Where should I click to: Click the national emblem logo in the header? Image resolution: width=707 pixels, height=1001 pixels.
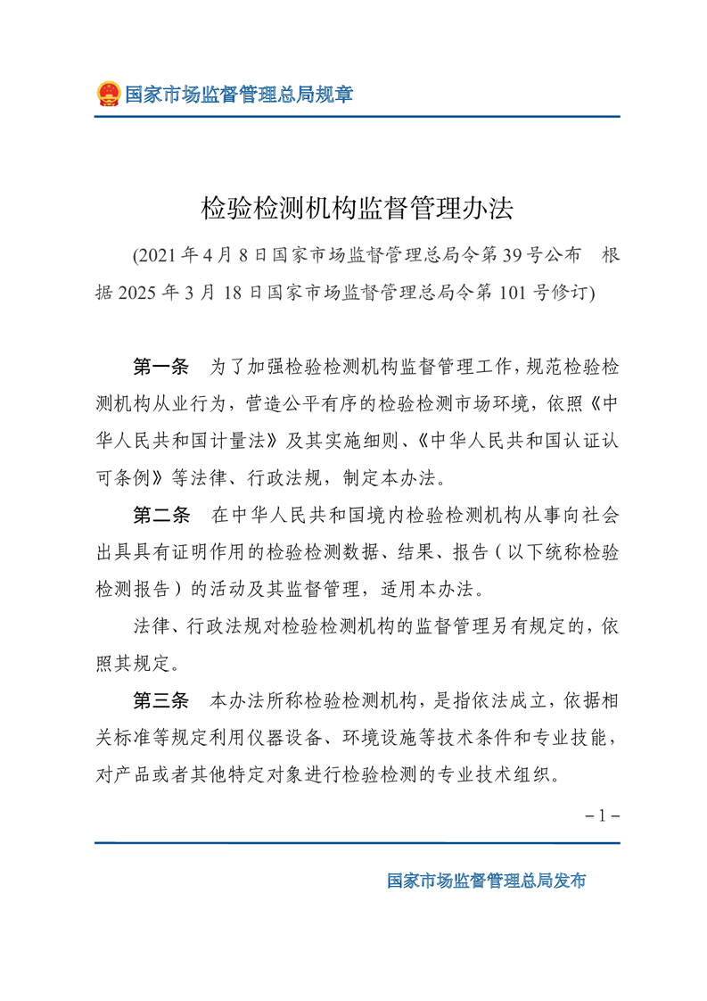click(x=108, y=94)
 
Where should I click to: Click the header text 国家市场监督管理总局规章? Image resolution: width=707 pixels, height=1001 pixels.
click(x=238, y=94)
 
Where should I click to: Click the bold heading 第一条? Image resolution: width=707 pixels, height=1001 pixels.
click(x=161, y=367)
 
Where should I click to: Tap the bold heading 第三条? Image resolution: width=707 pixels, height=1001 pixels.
click(x=161, y=700)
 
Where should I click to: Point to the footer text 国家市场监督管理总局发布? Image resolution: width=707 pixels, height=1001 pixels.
click(x=486, y=881)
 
